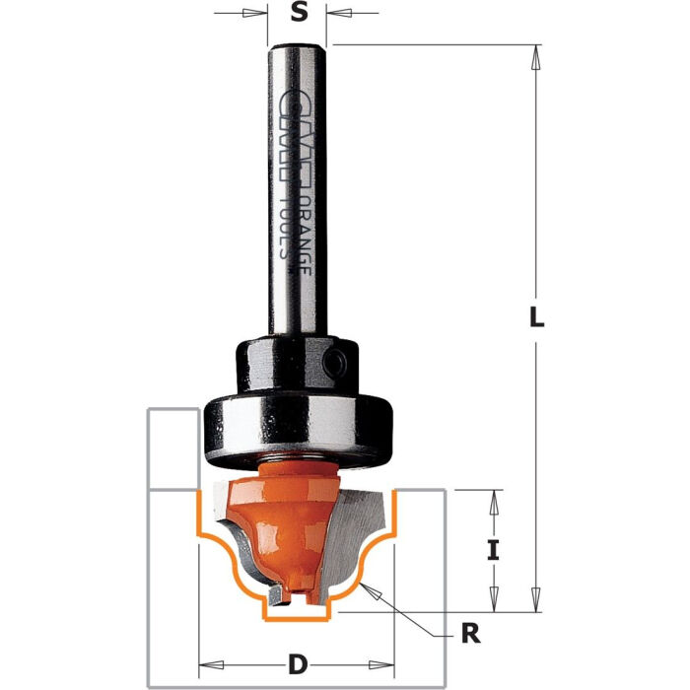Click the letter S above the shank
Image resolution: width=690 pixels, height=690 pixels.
[x=298, y=15]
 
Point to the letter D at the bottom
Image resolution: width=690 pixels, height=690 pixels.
[x=296, y=661]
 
